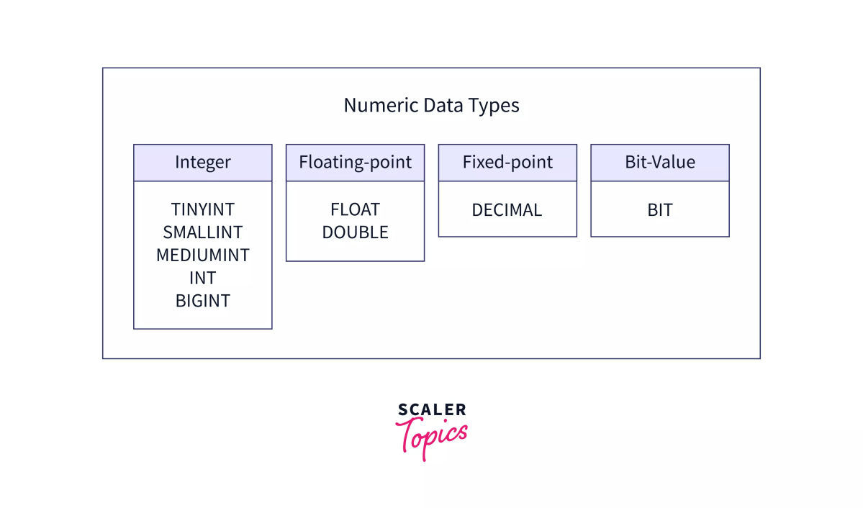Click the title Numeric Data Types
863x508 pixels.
[431, 106]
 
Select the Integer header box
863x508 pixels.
[202, 163]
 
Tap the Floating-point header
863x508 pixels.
[355, 163]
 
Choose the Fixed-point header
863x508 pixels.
[507, 163]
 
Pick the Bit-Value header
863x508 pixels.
[660, 163]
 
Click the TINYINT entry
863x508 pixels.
[202, 209]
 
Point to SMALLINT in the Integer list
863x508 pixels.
[202, 232]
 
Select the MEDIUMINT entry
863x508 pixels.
[202, 255]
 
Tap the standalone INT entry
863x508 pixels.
[202, 278]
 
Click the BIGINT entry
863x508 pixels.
[202, 301]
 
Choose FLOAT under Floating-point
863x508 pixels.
[355, 209]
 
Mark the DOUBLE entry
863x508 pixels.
[355, 232]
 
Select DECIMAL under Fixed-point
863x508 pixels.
[507, 210]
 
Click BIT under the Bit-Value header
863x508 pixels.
[660, 210]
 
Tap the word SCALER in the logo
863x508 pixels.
[432, 410]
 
